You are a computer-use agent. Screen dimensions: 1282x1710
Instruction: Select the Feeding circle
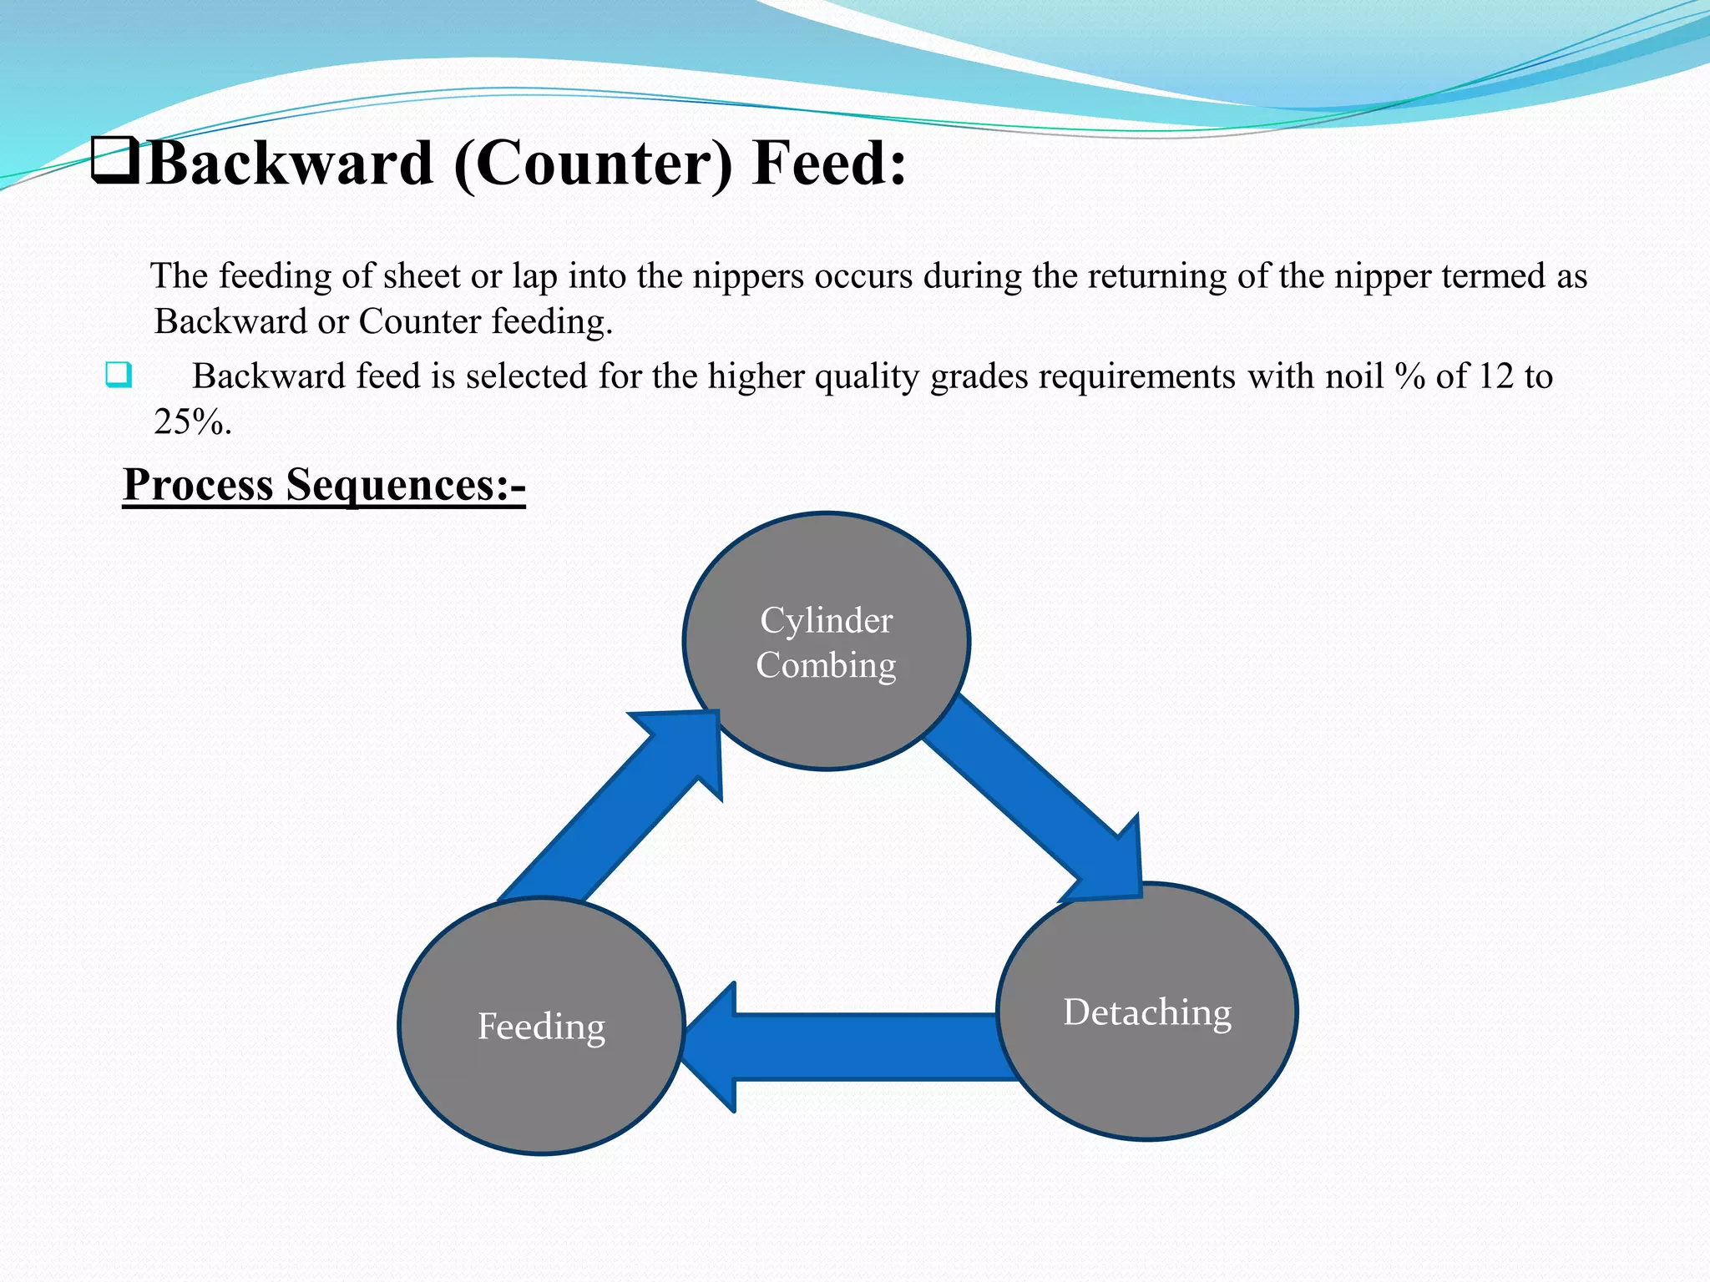pos(541,1026)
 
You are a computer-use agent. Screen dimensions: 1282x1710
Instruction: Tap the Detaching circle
pos(1147,1012)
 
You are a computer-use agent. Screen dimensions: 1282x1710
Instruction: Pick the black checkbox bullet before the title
pos(115,161)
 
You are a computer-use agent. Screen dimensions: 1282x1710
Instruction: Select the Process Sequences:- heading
pos(324,484)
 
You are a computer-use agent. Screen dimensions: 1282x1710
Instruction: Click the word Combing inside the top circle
pos(826,665)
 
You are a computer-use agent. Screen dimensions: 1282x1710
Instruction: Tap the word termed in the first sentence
pos(1494,276)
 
